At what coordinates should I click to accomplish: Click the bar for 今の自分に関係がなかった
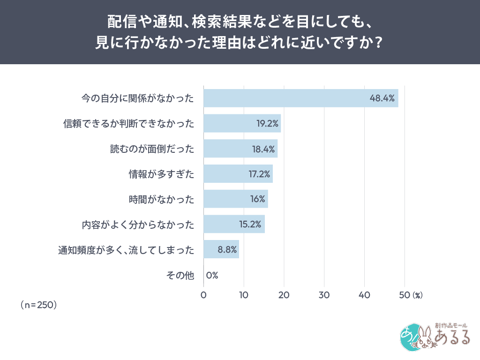coord(300,98)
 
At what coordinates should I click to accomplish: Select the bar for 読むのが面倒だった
coord(240,149)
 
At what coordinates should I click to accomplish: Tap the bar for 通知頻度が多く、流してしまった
coord(221,249)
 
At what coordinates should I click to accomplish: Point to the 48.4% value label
coord(382,98)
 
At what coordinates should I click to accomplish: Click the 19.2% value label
coord(268,124)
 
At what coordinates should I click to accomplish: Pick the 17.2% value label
coord(259,174)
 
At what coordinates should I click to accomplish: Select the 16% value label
coord(258,199)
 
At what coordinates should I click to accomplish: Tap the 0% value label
coord(212,275)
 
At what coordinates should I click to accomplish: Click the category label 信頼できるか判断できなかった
coord(128,124)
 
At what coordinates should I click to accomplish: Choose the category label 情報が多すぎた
coord(161,174)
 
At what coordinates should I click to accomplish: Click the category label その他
coord(180,276)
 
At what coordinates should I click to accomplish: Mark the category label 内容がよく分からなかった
coord(138,225)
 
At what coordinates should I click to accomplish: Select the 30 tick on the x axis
coord(324,295)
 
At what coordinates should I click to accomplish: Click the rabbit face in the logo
coord(425,338)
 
